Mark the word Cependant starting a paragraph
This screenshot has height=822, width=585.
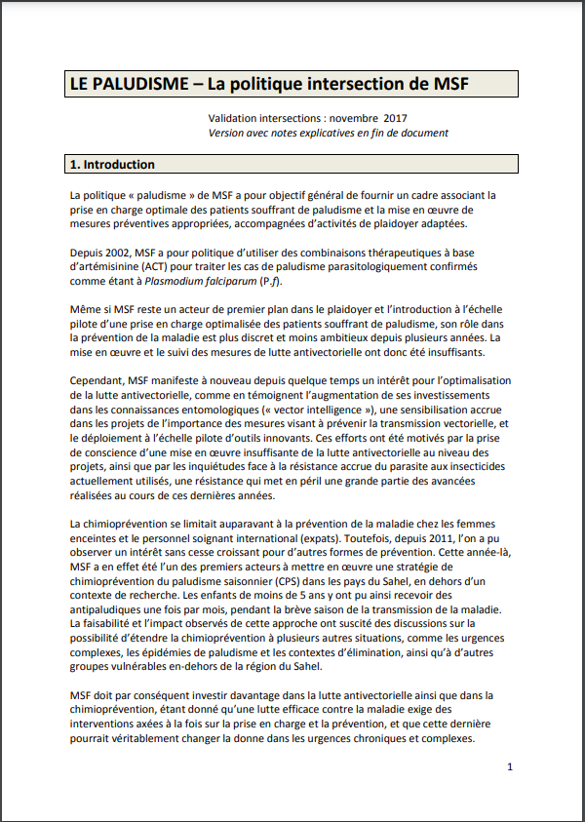pos(102,380)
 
